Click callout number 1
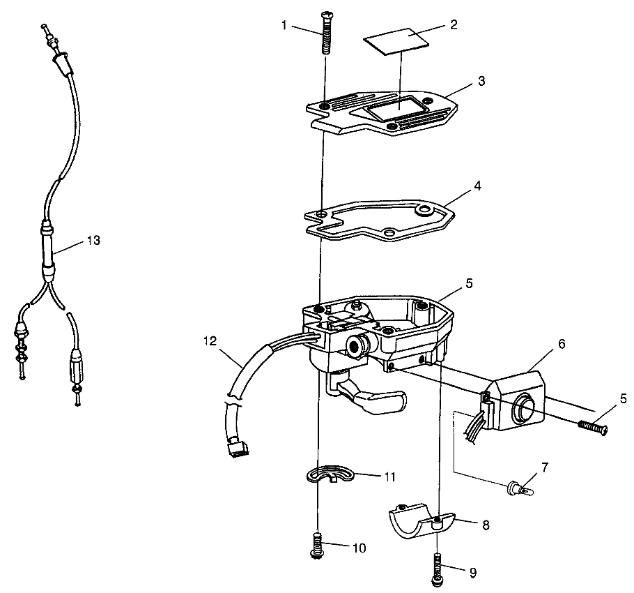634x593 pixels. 284,25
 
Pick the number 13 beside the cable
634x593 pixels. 92,241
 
